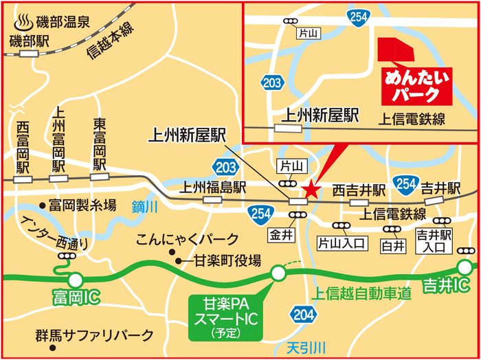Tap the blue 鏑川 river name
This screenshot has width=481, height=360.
tap(144, 205)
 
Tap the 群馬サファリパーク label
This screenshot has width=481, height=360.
tap(96, 336)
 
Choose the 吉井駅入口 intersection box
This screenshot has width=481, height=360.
tap(432, 241)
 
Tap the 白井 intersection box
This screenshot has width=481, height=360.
tap(391, 245)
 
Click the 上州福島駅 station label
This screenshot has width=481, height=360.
tap(213, 186)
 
